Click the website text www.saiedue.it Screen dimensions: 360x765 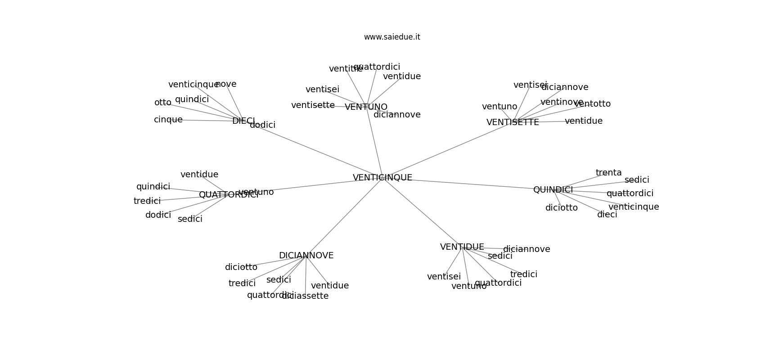tap(392, 37)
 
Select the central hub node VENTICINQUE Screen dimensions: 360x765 tap(382, 178)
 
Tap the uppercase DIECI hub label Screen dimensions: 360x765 tap(243, 121)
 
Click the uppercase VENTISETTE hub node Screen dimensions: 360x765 tap(513, 122)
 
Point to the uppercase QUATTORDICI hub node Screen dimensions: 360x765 tap(229, 195)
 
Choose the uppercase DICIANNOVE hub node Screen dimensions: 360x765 tap(306, 256)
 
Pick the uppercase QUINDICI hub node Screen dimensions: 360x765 tap(553, 190)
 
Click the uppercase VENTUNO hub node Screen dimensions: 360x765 tap(366, 107)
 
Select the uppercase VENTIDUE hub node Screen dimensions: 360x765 tap(462, 247)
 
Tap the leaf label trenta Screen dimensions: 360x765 tap(608, 173)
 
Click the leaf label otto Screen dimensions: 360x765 tap(162, 103)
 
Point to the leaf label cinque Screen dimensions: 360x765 tap(168, 120)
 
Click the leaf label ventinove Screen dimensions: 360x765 tap(562, 102)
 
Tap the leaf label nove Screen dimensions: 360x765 tap(226, 84)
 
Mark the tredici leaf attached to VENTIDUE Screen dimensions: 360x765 tap(524, 274)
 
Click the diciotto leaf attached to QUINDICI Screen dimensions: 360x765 tap(562, 208)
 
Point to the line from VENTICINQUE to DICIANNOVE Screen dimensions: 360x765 tap(344, 217)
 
